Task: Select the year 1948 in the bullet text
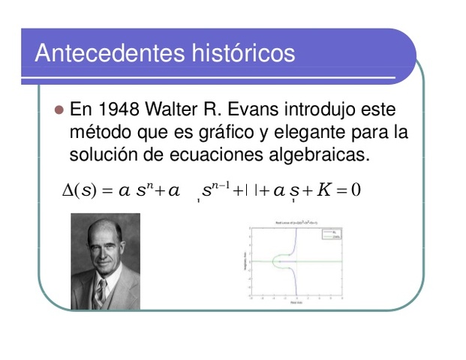[115, 110]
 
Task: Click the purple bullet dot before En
[59, 110]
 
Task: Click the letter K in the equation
[323, 190]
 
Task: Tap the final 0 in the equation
[356, 190]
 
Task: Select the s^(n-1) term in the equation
[217, 188]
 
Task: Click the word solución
[99, 156]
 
